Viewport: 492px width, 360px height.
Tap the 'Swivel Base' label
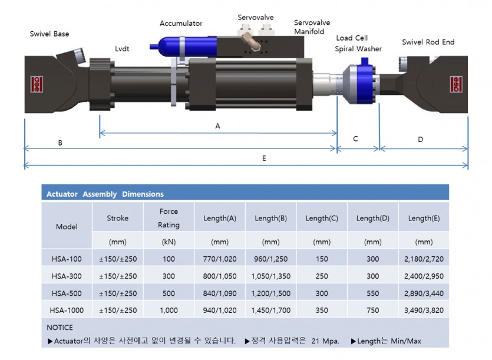click(x=49, y=34)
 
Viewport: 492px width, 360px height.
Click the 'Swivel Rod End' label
click(x=428, y=42)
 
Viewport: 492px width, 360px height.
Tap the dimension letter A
click(x=217, y=126)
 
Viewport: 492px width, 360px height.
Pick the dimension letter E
click(x=264, y=158)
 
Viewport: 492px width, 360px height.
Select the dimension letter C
click(x=355, y=139)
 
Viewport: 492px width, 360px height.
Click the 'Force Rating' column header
click(x=169, y=218)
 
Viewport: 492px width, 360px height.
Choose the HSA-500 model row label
click(x=67, y=293)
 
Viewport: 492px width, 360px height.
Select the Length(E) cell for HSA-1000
click(x=424, y=311)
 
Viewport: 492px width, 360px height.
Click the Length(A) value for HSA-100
click(x=220, y=259)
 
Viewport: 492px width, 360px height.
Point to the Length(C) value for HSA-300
click(x=322, y=276)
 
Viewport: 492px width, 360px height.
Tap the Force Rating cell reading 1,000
click(x=169, y=311)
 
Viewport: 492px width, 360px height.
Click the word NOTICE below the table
click(x=60, y=327)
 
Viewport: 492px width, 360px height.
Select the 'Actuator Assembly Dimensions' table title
click(x=105, y=194)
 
